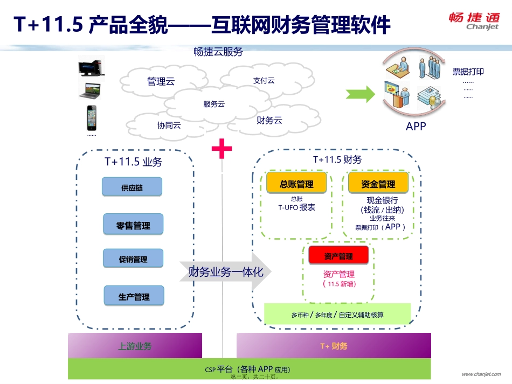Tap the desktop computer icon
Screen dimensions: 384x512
[91, 67]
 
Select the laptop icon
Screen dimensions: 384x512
[90, 91]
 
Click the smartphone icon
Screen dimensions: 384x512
[92, 118]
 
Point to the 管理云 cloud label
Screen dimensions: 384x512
[161, 82]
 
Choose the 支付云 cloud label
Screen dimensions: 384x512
[264, 80]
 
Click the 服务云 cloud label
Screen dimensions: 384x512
[214, 104]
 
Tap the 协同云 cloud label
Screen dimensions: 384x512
[169, 125]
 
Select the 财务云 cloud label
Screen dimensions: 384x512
[269, 120]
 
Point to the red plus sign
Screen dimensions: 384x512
[222, 149]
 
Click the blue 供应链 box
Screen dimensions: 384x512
[132, 188]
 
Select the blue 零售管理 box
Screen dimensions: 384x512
[133, 225]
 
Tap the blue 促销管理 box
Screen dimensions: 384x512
[133, 259]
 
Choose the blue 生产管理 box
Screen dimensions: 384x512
[134, 296]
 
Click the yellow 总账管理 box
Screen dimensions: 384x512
[296, 184]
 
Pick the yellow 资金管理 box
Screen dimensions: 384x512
[378, 184]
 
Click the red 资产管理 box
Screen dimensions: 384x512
[338, 256]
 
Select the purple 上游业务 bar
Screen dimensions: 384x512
[135, 346]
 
